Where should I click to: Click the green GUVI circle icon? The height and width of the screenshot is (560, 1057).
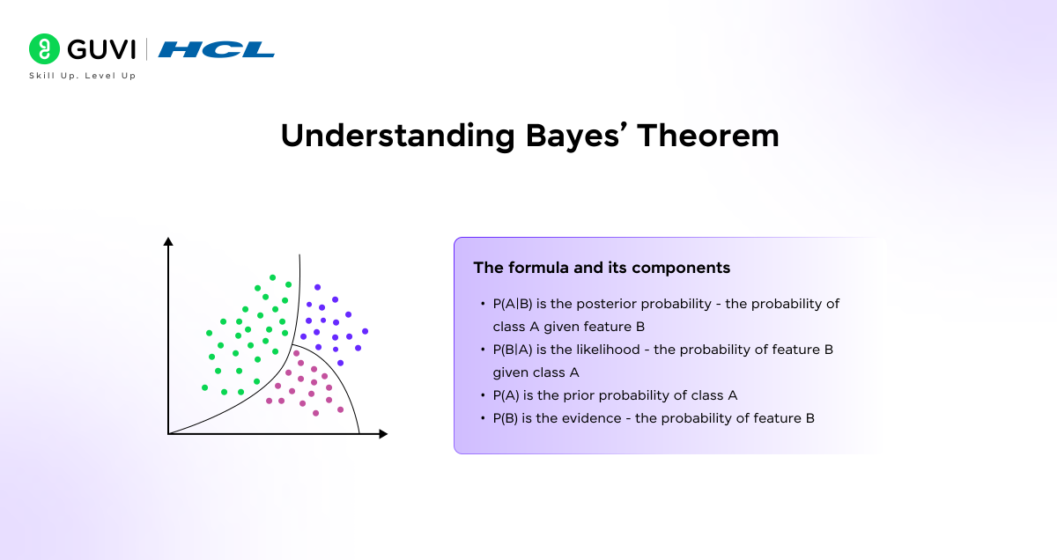[42, 49]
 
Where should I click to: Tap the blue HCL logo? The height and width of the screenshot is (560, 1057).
[217, 49]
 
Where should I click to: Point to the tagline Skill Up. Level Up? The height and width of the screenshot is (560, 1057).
[83, 76]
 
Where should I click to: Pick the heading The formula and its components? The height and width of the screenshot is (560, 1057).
[602, 268]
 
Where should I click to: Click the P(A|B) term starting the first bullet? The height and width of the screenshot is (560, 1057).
[512, 304]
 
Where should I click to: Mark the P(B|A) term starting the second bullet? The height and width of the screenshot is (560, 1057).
[512, 350]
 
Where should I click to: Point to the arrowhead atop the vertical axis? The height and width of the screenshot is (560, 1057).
[168, 241]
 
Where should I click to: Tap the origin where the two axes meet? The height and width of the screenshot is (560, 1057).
[168, 433]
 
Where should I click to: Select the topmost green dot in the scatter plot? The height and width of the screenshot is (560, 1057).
[273, 277]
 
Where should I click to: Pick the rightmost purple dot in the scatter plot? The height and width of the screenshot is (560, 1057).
[365, 331]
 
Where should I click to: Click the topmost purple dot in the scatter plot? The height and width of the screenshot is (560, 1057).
[317, 287]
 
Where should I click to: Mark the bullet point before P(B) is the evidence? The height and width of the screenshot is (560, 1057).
[483, 418]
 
